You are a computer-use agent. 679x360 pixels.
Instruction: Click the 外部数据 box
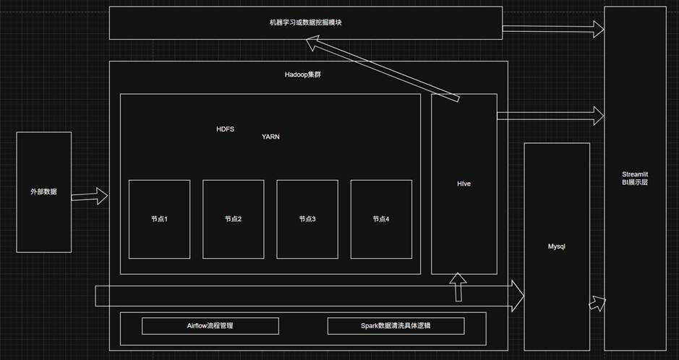(43, 192)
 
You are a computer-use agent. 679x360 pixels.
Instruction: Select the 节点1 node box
(159, 219)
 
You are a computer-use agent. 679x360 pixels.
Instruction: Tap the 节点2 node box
(233, 219)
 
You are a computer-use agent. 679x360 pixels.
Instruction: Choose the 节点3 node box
(307, 219)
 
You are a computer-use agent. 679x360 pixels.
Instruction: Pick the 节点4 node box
(381, 219)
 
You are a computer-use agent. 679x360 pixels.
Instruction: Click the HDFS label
(225, 129)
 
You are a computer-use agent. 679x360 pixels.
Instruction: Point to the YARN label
(270, 136)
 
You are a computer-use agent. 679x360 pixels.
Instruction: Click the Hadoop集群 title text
(303, 75)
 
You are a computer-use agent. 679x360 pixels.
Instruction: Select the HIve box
(464, 184)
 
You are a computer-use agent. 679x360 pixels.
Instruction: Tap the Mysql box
(556, 247)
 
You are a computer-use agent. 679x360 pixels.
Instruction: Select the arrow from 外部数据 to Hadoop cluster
(90, 195)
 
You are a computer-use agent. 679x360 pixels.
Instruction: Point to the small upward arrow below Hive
(457, 288)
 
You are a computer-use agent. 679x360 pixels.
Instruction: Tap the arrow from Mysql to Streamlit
(597, 303)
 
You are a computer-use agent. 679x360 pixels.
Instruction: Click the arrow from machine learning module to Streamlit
(553, 29)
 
